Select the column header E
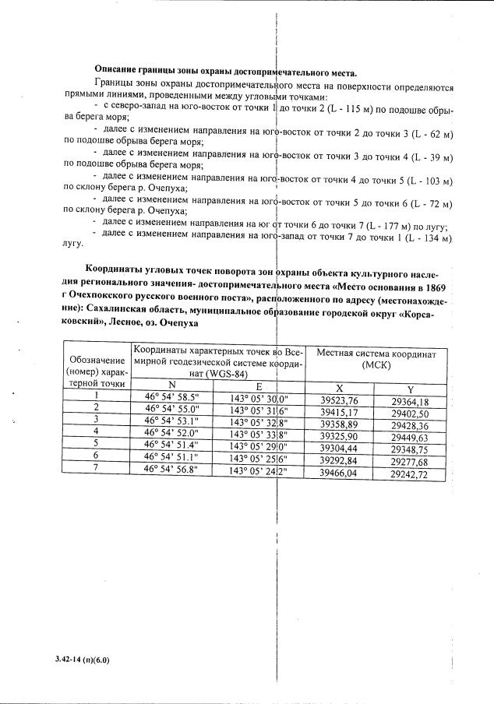point(259,385)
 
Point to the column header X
point(339,388)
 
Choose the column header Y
point(411,389)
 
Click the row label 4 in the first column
point(96,430)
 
